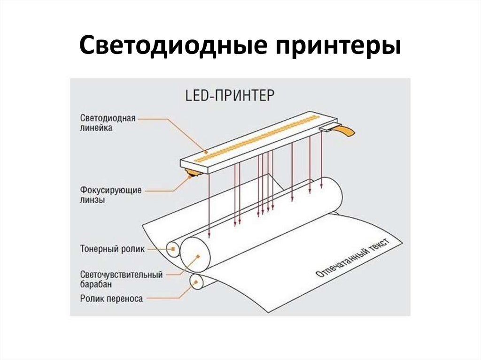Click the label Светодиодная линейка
tap(108, 123)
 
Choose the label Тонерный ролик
tap(112, 249)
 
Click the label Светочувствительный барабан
tap(121, 279)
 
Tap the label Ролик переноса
tap(111, 298)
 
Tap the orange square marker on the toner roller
tap(173, 249)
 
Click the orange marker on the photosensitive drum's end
tap(198, 256)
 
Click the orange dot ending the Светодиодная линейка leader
tap(205, 152)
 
